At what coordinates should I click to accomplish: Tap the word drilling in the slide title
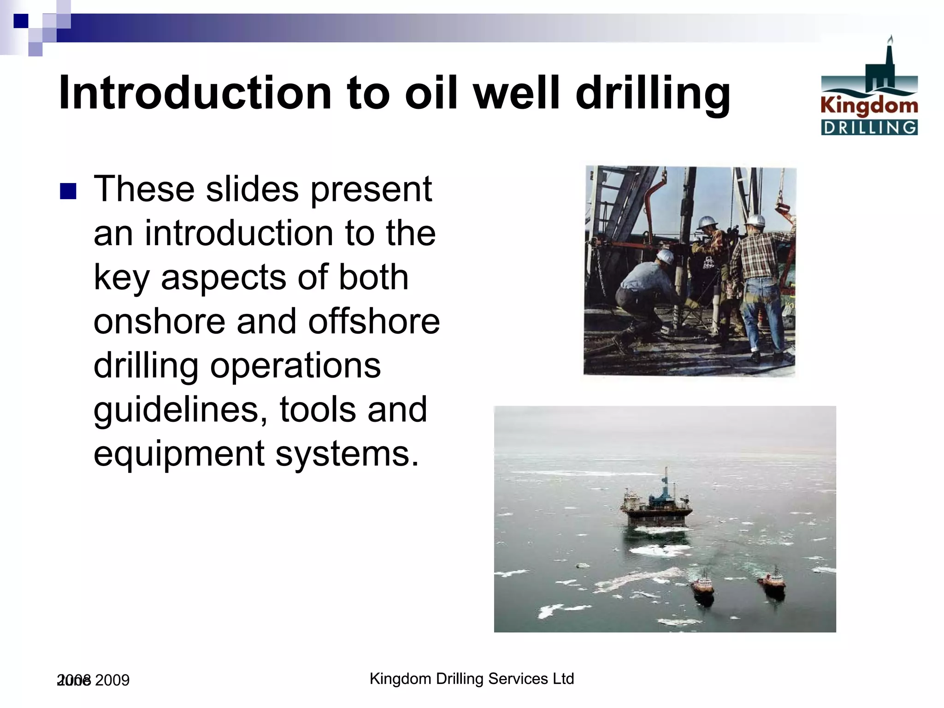point(653,93)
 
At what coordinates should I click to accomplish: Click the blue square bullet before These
point(68,191)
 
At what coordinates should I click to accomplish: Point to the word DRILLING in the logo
point(869,128)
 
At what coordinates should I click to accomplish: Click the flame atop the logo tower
point(891,40)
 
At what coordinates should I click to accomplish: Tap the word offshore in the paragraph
point(374,321)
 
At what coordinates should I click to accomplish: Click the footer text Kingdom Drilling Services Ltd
point(472,678)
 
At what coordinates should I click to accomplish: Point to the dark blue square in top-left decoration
point(21,21)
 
